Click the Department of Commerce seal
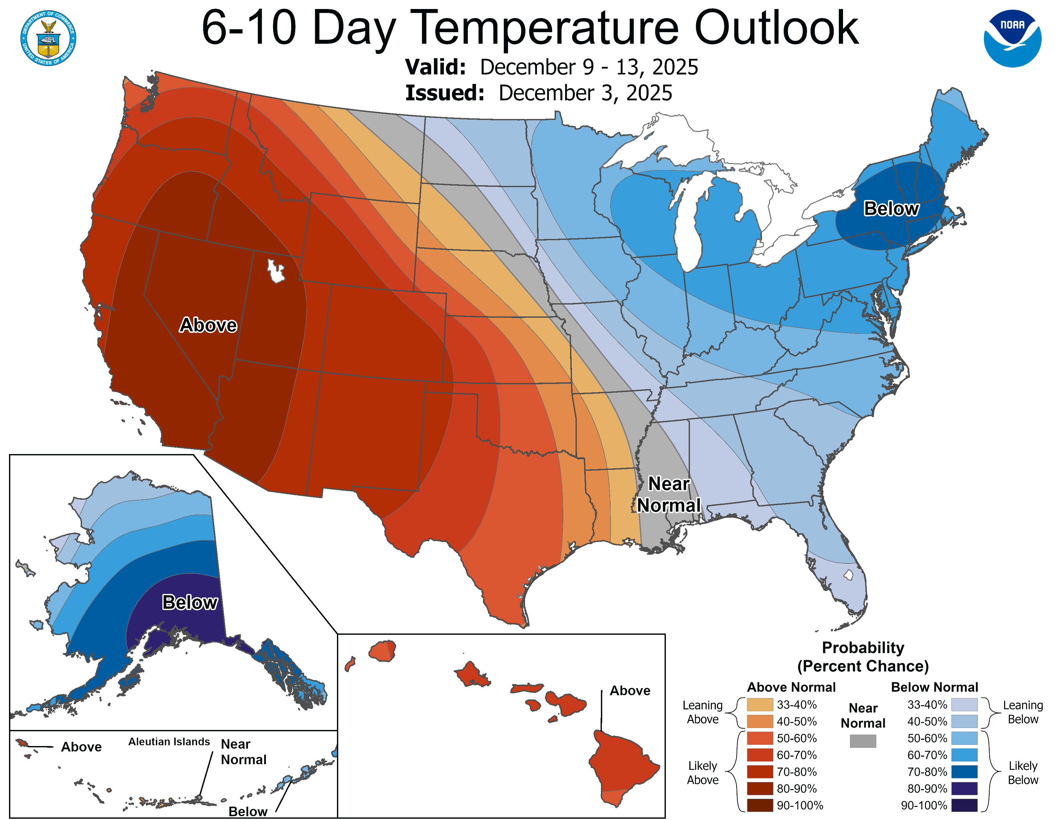pos(48,38)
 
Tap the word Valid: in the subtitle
pos(435,67)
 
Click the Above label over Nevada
pos(208,325)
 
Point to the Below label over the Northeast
pos(891,208)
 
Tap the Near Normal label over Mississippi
pos(669,495)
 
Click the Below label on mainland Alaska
pos(189,602)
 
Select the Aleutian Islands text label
pos(169,741)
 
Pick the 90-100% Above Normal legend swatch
pos(760,805)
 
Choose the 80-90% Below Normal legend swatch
pos(964,788)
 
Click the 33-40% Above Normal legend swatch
pos(760,704)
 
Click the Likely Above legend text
pos(703,772)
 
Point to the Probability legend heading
pos(863,648)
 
